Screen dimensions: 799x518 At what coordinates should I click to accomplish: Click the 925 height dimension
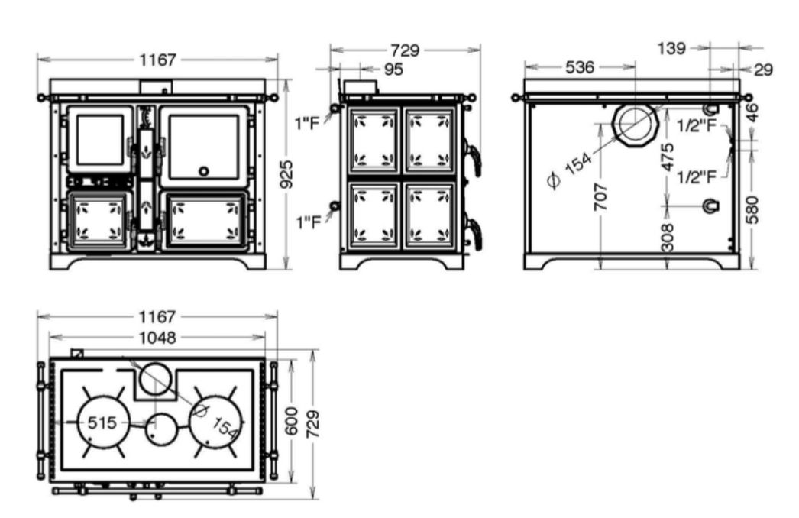[287, 174]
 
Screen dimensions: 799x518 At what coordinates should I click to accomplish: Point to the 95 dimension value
[393, 69]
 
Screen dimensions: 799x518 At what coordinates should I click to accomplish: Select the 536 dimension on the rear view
[580, 66]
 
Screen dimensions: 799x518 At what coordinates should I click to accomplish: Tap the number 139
[671, 48]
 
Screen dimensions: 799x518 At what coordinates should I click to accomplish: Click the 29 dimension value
[763, 70]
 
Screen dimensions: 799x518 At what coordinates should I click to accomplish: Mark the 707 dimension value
[601, 196]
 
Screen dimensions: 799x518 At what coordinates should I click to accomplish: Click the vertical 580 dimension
[752, 209]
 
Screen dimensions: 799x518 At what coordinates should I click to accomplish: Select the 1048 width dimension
[157, 338]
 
